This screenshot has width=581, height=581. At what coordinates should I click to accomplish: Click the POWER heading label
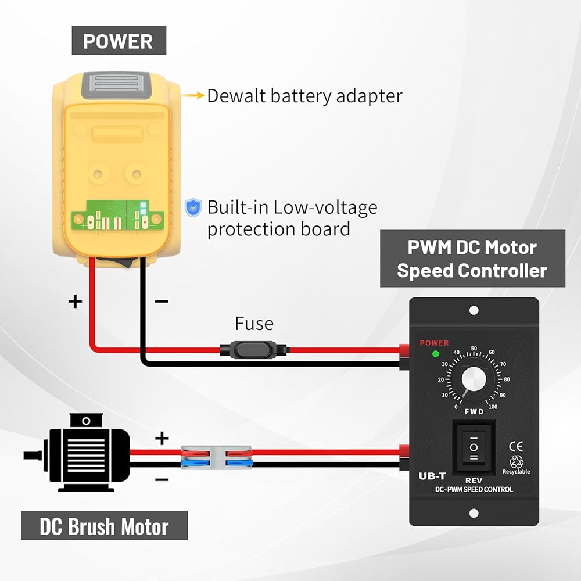pos(119,41)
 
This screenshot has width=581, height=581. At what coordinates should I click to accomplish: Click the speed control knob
pos(474,379)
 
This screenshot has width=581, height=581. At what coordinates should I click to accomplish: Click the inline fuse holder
pos(255,350)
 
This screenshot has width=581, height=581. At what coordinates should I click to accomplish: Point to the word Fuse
pos(254,324)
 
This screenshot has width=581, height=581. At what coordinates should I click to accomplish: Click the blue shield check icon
pos(193,207)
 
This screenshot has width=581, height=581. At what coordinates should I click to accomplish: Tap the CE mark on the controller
pos(515,447)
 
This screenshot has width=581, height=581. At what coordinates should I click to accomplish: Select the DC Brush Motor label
pos(104,526)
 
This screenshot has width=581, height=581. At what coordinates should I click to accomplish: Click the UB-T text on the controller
pos(432,476)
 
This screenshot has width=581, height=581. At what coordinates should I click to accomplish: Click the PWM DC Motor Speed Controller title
pos(472,259)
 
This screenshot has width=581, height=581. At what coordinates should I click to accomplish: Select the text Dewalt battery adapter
pos(304,96)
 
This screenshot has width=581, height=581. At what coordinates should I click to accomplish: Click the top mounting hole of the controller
pos(474,311)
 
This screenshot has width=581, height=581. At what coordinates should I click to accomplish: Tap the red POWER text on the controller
pos(434,343)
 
